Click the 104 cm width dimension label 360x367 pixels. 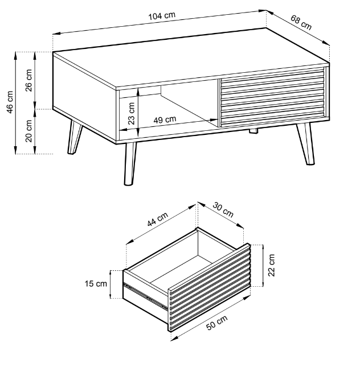pos(162,16)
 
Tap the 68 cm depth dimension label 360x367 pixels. pos(301,22)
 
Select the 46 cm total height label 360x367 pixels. pos(10,102)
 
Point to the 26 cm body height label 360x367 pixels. pos(28,80)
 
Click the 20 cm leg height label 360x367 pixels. pos(28,131)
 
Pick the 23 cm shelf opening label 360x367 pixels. pos(132,113)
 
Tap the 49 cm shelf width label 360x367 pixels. pos(165,119)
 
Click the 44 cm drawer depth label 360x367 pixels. pos(158,219)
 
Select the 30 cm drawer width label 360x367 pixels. pos(223,210)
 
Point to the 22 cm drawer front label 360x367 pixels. pos(271,265)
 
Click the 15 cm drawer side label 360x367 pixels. pos(96,284)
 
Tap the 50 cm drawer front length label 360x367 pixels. pos(217,323)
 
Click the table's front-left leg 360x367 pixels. pos(130,164)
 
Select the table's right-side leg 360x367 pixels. pos(305,144)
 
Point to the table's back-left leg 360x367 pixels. pos(74,137)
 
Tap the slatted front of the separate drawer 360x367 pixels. pos(209,288)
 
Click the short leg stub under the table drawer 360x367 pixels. pos(253,131)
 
